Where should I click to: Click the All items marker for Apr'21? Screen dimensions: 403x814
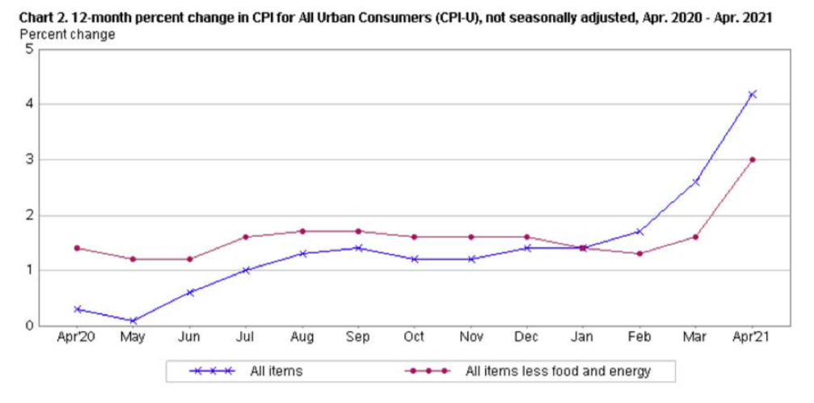(752, 95)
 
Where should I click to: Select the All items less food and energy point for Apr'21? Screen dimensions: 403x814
(752, 159)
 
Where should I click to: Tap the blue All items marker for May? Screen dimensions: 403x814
(133, 320)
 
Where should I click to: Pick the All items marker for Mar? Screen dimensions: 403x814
(695, 181)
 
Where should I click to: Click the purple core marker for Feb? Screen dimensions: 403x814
(639, 253)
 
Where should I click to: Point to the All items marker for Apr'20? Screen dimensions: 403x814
(77, 309)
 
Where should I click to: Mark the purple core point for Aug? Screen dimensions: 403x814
(302, 231)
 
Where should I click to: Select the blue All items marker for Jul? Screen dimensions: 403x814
(246, 270)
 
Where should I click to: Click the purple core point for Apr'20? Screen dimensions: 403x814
(77, 248)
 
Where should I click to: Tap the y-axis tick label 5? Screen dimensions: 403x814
(30, 49)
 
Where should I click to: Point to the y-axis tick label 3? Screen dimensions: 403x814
(30, 159)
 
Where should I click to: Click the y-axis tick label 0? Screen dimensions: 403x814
(30, 325)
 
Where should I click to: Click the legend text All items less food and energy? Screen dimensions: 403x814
(558, 371)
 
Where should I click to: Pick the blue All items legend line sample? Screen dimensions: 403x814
(212, 371)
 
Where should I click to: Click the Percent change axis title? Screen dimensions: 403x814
(67, 34)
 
